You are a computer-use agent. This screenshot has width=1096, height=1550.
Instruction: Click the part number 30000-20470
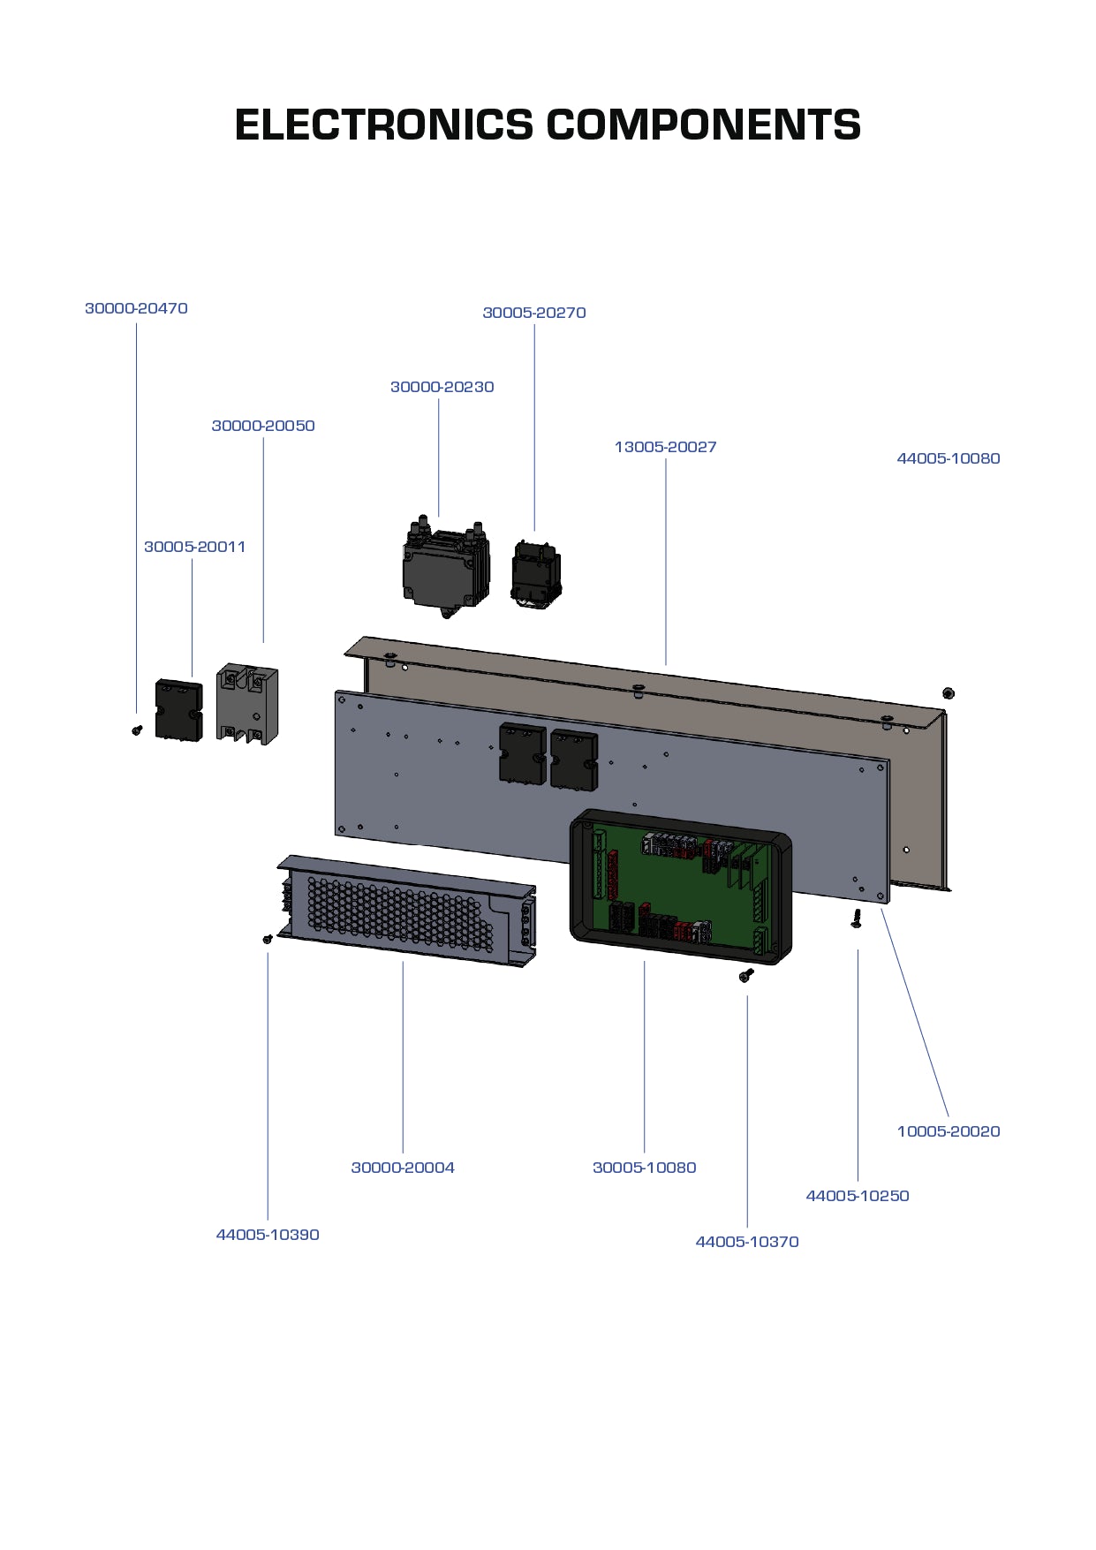136,308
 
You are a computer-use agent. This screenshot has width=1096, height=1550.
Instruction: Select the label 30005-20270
533,313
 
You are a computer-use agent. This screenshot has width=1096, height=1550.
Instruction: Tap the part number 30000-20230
442,387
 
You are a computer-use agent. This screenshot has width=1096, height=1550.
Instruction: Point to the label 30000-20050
263,426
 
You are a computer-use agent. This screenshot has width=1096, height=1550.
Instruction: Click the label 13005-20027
665,447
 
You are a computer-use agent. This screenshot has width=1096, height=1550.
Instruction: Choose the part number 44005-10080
948,458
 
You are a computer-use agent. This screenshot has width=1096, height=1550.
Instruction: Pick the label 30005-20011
194,547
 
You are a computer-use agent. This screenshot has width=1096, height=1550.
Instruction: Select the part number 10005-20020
948,1131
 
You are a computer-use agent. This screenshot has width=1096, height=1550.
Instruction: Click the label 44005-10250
857,1196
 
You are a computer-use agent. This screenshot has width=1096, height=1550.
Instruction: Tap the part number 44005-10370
746,1242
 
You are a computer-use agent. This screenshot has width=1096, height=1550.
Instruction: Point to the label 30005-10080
644,1168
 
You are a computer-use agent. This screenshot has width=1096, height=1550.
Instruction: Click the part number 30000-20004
403,1168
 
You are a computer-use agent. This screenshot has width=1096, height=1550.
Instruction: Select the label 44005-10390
268,1235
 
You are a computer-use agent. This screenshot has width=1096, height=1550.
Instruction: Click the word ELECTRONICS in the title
384,125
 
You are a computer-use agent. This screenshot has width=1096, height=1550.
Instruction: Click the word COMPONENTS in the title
703,125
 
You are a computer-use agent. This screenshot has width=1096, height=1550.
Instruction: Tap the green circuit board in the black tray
680,892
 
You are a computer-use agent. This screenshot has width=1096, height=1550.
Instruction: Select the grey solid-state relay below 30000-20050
247,704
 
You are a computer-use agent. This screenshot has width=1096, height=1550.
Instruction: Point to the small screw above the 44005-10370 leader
746,974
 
